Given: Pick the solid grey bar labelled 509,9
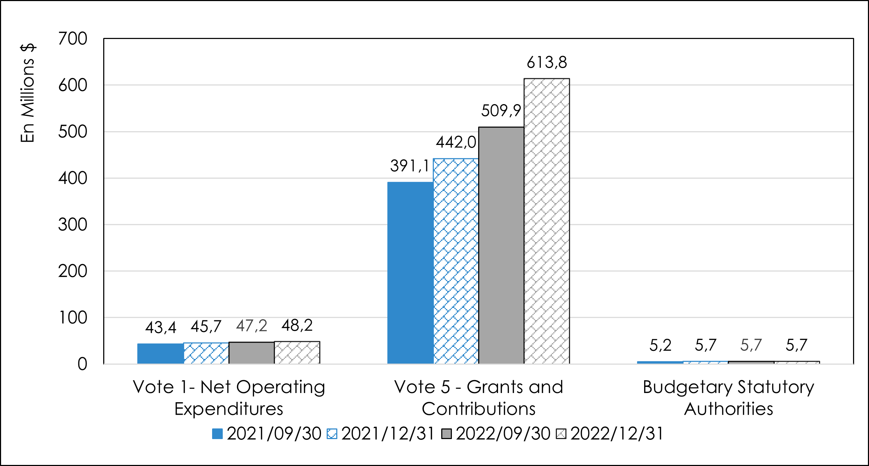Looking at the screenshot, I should click(501, 245).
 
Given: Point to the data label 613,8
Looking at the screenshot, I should click(547, 63).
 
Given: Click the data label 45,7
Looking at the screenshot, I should click(206, 326).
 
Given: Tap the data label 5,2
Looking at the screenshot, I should click(660, 345).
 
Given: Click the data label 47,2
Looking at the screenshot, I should click(251, 326).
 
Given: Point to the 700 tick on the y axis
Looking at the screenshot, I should click(73, 39).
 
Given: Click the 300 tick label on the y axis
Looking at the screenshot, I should click(73, 225).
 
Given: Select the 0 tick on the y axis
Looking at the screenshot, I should click(82, 364).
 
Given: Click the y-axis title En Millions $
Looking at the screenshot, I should click(28, 93).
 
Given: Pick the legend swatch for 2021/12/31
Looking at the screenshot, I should click(332, 434).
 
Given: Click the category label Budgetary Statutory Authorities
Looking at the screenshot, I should click(729, 398).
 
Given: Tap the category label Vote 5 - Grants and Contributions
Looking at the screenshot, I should click(478, 398).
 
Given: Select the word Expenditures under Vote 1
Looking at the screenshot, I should click(229, 409).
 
